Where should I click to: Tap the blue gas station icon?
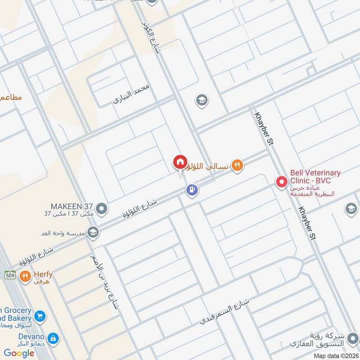tap(192, 190)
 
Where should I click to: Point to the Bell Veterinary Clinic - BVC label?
tap(315, 176)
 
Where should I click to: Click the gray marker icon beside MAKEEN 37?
tap(102, 208)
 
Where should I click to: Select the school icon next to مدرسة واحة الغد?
tap(93, 232)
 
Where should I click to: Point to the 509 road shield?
tap(10, 274)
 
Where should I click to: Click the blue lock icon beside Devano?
tap(53, 338)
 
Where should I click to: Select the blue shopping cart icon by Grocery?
tap(40, 317)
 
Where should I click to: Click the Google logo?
tap(19, 353)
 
